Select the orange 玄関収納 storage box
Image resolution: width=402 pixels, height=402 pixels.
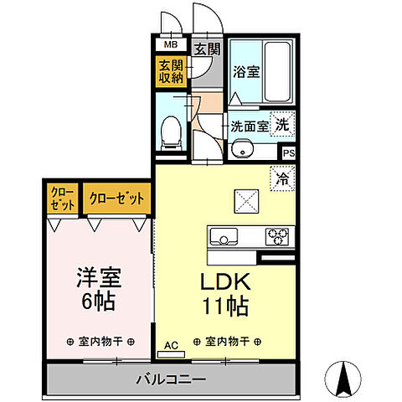171,73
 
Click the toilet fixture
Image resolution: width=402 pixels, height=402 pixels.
170,130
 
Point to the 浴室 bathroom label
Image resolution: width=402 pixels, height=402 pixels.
246,73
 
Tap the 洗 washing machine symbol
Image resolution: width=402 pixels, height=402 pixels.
285,123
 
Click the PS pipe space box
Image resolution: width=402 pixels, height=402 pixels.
288,152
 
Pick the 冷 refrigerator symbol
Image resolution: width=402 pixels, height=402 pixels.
281,178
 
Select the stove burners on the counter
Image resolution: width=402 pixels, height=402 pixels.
276,234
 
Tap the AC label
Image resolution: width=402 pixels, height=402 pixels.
170,344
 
